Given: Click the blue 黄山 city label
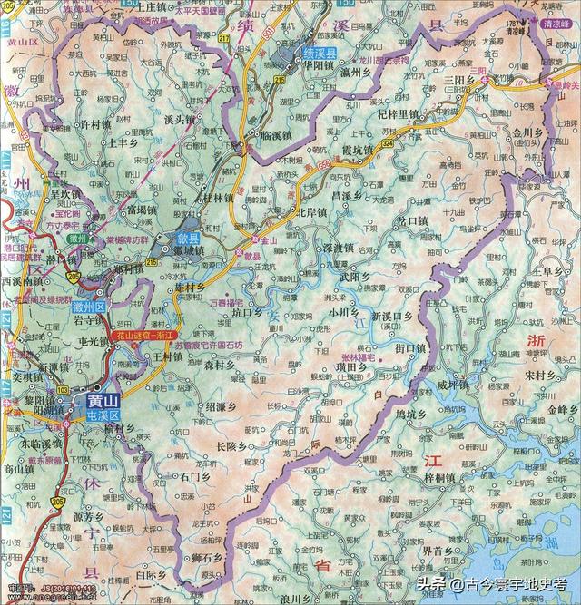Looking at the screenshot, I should coord(103,400).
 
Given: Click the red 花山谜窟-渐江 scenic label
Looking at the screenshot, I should coord(148,336).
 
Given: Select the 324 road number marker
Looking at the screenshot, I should coord(388,143).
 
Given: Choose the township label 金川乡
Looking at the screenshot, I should coord(526,132).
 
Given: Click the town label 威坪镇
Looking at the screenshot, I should coord(454,385).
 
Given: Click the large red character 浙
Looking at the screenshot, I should coord(535,337).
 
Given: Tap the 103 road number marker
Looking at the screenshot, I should coord(63,388).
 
